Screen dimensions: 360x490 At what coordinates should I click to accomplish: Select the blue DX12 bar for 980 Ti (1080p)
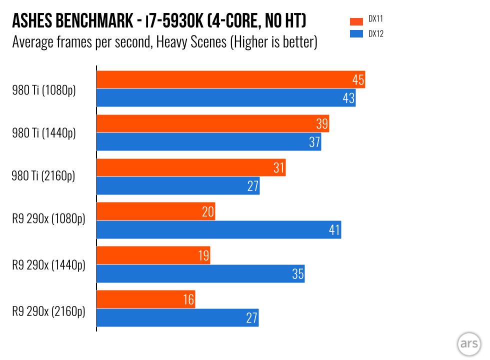[225, 97]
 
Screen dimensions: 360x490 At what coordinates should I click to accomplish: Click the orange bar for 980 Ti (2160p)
[190, 167]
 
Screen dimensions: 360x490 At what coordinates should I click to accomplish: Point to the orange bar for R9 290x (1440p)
[153, 255]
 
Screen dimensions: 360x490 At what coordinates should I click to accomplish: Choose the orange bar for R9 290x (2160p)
[145, 299]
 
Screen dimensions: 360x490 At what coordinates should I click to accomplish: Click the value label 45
[358, 80]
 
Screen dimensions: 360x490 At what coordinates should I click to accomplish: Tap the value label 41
[334, 230]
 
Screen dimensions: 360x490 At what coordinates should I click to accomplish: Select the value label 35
[297, 274]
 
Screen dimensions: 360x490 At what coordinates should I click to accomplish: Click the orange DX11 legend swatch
[356, 21]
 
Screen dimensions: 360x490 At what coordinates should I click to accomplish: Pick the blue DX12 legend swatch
[356, 34]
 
